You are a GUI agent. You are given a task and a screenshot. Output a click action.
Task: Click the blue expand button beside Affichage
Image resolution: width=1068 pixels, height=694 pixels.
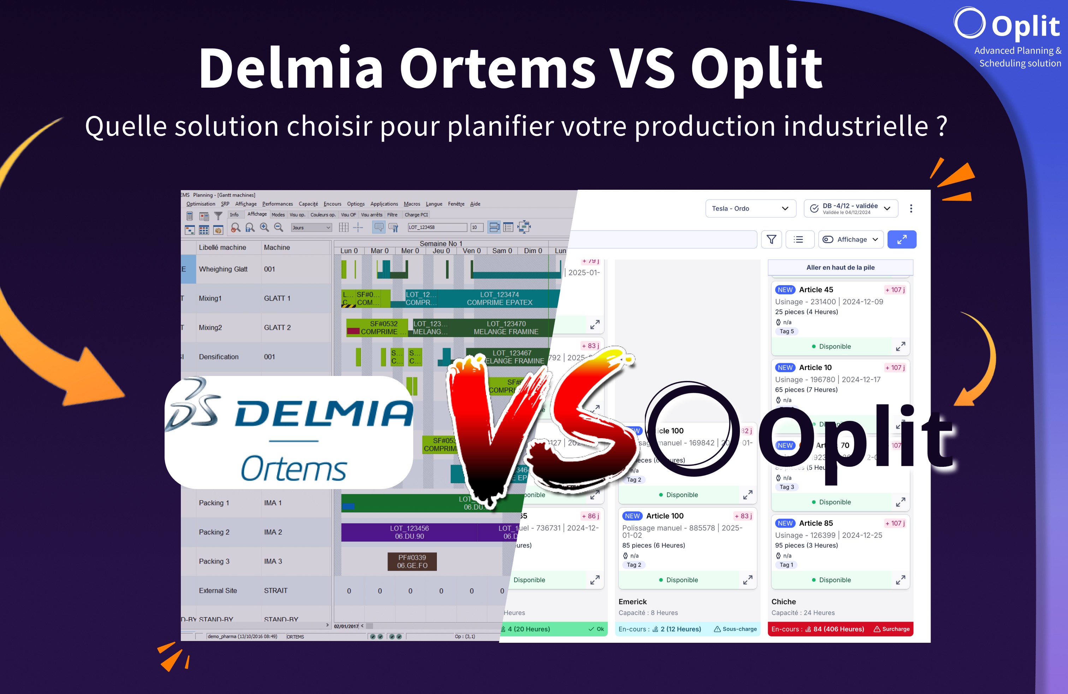click(x=902, y=240)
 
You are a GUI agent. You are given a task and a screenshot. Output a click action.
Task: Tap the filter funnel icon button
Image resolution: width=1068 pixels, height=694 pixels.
click(x=771, y=240)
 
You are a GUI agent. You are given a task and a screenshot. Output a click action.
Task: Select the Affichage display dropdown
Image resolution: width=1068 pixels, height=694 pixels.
click(x=850, y=240)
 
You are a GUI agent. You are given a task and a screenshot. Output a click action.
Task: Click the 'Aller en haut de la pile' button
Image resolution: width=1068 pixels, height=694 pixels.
click(x=840, y=267)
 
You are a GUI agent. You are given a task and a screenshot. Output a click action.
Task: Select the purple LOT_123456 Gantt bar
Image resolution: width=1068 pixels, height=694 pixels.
click(x=409, y=533)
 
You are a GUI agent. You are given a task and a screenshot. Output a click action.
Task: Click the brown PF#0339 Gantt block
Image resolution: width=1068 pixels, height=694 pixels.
click(x=412, y=561)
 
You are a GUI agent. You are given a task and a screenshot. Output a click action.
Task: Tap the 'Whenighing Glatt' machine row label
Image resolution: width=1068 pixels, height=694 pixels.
click(x=223, y=269)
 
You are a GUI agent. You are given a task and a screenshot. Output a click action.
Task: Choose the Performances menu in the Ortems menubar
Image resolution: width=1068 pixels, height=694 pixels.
click(x=277, y=204)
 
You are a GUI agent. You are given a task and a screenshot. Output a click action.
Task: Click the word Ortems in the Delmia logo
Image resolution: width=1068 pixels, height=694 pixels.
click(x=293, y=469)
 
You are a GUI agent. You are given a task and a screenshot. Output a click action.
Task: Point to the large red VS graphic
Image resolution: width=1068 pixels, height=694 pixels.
click(x=539, y=427)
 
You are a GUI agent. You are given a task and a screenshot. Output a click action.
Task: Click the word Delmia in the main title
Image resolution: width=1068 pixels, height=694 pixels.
click(x=291, y=68)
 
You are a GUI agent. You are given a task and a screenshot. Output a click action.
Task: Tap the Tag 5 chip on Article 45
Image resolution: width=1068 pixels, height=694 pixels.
click(x=786, y=331)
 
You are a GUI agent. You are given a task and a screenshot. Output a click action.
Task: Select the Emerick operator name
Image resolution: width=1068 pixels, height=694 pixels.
click(x=632, y=601)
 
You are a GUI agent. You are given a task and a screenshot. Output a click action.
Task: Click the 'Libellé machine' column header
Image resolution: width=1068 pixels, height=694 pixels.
click(x=222, y=247)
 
